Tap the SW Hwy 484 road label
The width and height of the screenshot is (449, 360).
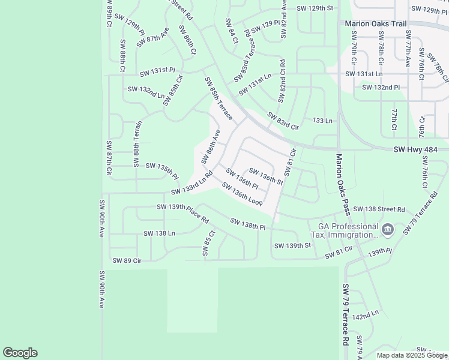coord(420,149)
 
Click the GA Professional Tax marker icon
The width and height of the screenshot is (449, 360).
coord(387,229)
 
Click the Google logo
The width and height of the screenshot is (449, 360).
coord(20,353)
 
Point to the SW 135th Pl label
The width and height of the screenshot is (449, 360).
coord(162,170)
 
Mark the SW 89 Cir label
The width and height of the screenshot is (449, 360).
coord(127,260)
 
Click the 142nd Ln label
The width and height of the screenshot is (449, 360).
coord(366,314)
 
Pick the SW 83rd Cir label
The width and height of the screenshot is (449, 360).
coord(283,122)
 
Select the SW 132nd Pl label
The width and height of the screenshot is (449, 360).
coord(381,88)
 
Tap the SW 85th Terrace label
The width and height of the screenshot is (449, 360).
coord(218,98)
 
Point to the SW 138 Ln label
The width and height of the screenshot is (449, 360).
coord(159,233)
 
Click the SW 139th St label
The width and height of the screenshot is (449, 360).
coord(292,245)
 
